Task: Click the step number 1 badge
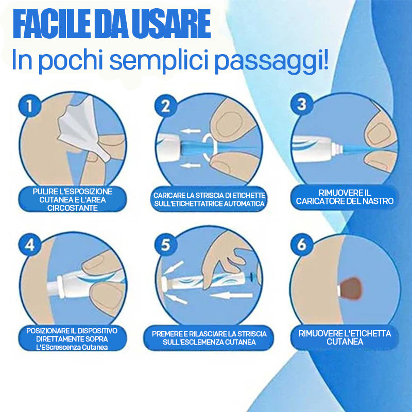pos(30,106)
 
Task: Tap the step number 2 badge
pos(165,106)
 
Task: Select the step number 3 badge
pos(302,104)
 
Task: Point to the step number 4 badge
pos(30,245)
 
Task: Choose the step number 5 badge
pos(165,245)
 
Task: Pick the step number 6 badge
pos(302,245)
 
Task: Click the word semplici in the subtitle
pos(157,61)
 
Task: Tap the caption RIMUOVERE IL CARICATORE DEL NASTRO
pos(345,197)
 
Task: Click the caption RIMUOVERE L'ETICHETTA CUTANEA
pos(345,338)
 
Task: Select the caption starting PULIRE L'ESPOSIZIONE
pos(72,200)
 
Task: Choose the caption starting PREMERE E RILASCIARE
pos(209,338)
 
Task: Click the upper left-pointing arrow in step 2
pos(191,131)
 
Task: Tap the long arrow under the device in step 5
pos(231,296)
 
